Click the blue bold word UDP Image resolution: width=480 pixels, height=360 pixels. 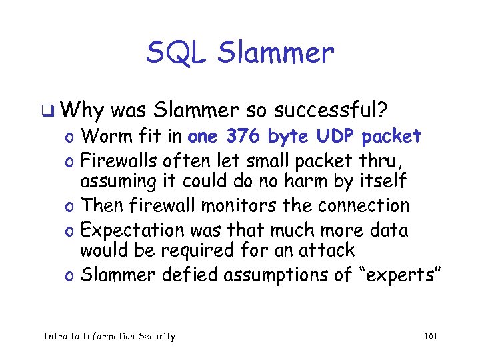coord(333,137)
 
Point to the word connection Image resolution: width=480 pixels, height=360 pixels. coord(363,206)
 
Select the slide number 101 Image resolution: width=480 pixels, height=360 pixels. coord(430,336)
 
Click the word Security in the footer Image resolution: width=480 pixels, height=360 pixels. coord(155,336)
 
